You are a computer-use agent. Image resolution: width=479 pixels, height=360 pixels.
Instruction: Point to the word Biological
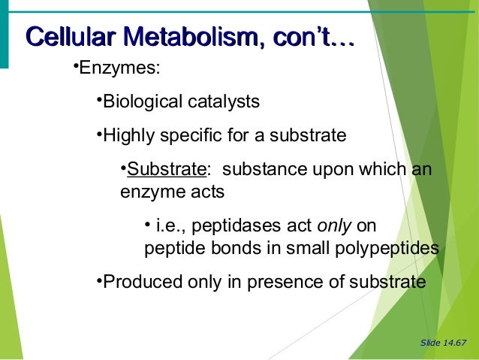(140, 101)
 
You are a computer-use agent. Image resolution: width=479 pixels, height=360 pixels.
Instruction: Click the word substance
(255, 169)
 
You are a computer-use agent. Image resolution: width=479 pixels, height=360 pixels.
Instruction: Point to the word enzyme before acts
(149, 192)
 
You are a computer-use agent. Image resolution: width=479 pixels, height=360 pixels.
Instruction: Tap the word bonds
(214, 249)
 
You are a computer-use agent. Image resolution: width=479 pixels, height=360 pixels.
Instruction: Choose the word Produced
(137, 283)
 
